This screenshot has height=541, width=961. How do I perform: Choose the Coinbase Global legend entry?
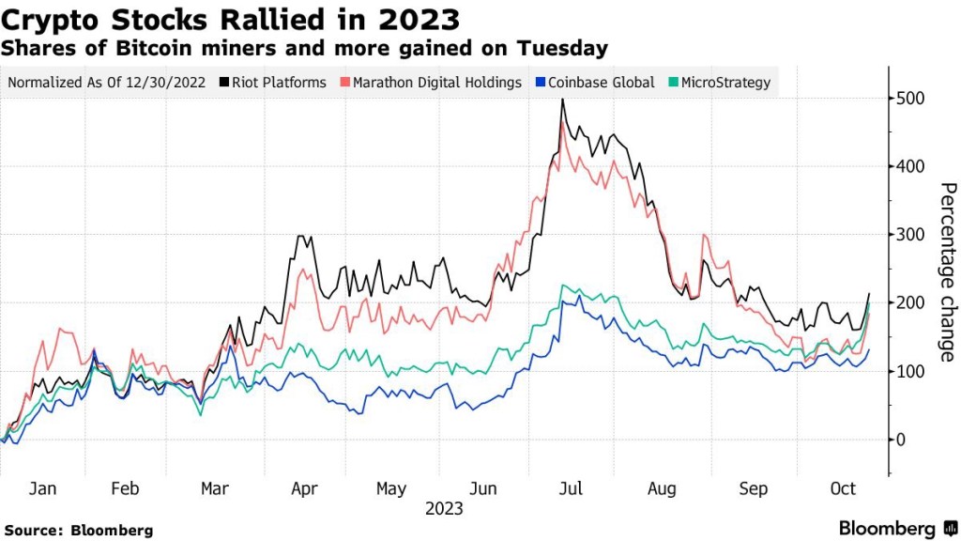(597, 83)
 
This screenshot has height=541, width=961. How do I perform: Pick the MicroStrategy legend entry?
(719, 83)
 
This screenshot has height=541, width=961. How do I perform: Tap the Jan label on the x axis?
(43, 489)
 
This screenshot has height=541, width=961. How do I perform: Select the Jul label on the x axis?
(571, 489)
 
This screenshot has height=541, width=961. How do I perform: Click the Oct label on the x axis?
(843, 489)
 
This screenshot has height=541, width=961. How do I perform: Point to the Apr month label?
(305, 489)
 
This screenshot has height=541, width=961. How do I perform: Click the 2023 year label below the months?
(443, 509)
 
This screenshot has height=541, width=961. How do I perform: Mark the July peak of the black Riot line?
(562, 99)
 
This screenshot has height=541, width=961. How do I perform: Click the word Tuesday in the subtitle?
(563, 48)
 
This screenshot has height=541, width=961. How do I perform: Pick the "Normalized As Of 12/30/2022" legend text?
(107, 83)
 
